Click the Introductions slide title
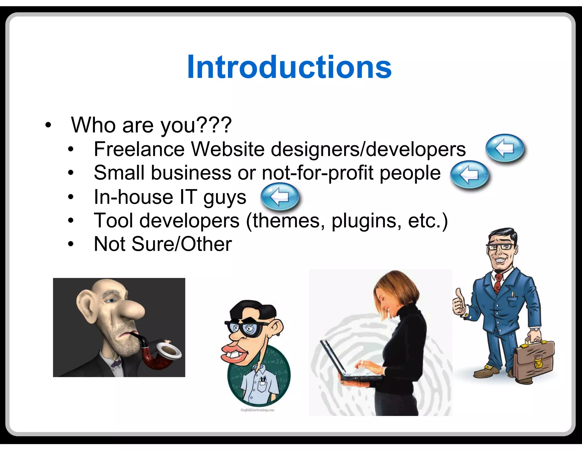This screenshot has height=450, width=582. pos(289,67)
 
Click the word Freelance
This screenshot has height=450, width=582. pos(139,149)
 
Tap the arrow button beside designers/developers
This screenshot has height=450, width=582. pos(505,148)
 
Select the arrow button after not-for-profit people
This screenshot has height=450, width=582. pos(469,174)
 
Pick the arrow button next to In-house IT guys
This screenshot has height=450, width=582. pos(280,197)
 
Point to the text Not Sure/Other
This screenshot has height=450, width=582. pos(163,244)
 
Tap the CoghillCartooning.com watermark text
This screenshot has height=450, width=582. pos(257,410)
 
